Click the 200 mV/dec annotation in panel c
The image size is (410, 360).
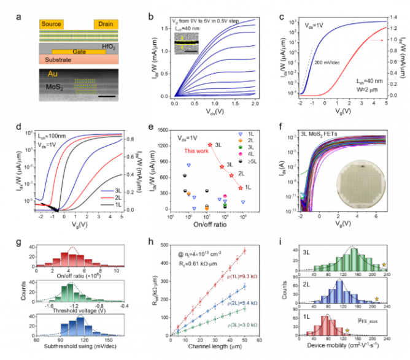[328, 63]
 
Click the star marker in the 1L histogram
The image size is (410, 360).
[347, 331]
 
